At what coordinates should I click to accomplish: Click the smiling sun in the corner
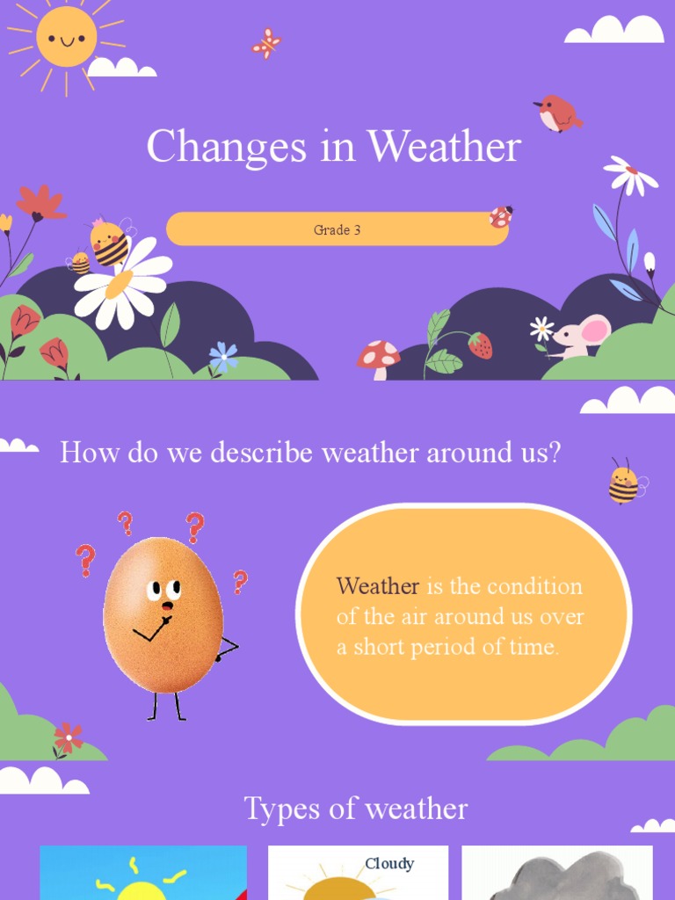(x=66, y=37)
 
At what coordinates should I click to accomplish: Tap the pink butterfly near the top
(x=265, y=43)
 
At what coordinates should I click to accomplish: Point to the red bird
(x=557, y=112)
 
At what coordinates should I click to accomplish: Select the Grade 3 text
(x=337, y=230)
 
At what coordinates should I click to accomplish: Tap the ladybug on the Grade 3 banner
(x=501, y=216)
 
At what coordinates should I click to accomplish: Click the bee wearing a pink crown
(x=110, y=243)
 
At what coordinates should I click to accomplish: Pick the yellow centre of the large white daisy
(x=120, y=283)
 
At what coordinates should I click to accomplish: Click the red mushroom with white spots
(x=378, y=356)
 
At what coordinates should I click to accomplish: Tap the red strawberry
(x=480, y=345)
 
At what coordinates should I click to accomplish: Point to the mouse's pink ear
(x=595, y=330)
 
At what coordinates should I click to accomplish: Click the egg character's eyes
(x=163, y=589)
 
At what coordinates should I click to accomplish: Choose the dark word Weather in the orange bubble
(x=377, y=586)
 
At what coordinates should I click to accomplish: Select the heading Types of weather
(x=355, y=809)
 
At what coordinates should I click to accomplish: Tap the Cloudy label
(x=389, y=863)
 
